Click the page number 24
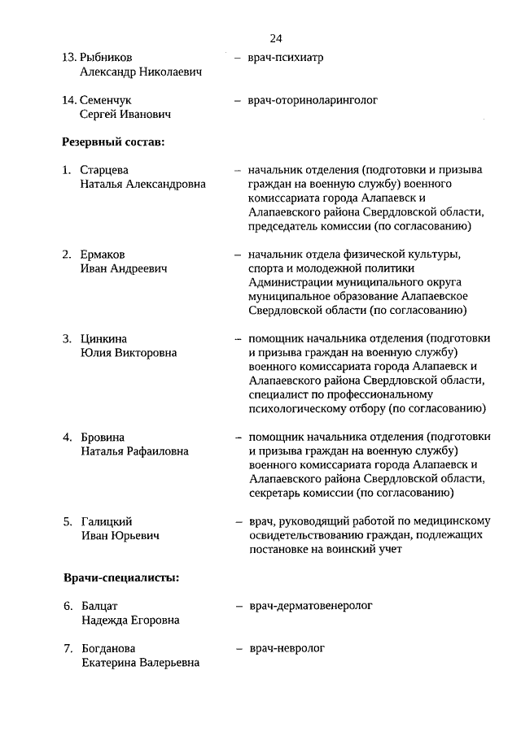(x=275, y=38)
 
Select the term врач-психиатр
(x=286, y=58)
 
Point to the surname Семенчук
(x=106, y=100)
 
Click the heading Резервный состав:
(x=113, y=142)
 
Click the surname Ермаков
(x=103, y=255)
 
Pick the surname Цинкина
(x=104, y=339)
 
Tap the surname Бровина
(x=103, y=438)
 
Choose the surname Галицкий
(x=107, y=521)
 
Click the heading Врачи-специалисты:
(x=121, y=578)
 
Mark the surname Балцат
(x=99, y=606)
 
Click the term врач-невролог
(x=287, y=648)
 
